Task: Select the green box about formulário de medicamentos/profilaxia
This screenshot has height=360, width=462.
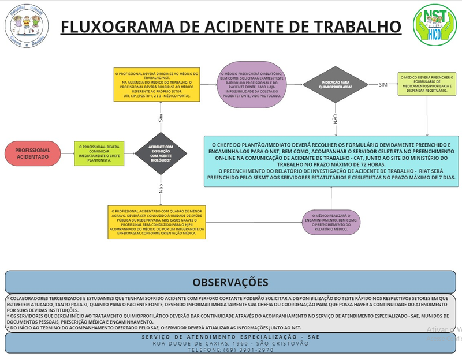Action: click(x=426, y=84)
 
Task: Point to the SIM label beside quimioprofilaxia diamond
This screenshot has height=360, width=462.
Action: click(x=383, y=85)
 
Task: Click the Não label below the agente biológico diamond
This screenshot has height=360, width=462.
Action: click(x=161, y=188)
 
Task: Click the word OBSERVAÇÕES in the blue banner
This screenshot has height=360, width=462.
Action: click(x=230, y=282)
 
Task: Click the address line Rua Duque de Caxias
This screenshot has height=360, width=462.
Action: click(x=230, y=343)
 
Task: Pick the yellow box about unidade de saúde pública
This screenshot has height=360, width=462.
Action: click(x=157, y=221)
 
